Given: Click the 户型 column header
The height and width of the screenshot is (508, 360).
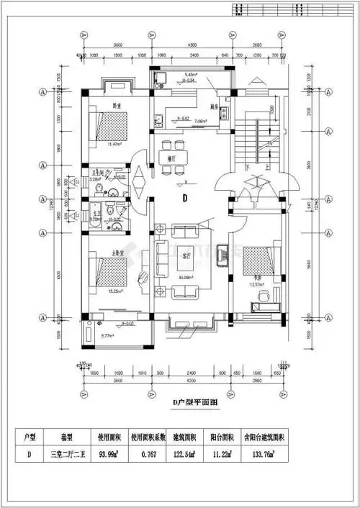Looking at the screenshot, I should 30,437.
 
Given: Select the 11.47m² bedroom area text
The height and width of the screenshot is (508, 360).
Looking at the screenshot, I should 113,145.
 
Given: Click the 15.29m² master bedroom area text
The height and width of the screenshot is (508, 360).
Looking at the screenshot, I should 113,291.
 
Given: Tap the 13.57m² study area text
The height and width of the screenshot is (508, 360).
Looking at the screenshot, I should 256,285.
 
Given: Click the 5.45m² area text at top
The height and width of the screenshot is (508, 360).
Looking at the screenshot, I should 191,75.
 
